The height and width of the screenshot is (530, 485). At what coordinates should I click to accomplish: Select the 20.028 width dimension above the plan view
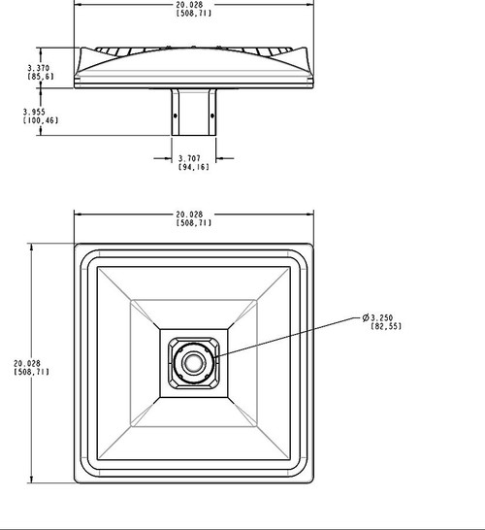[195, 215]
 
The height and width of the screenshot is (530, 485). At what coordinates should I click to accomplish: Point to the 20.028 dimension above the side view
[195, 8]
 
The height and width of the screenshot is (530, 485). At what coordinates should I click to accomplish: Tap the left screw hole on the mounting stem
[175, 114]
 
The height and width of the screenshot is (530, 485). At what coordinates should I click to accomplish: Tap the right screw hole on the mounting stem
[215, 114]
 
